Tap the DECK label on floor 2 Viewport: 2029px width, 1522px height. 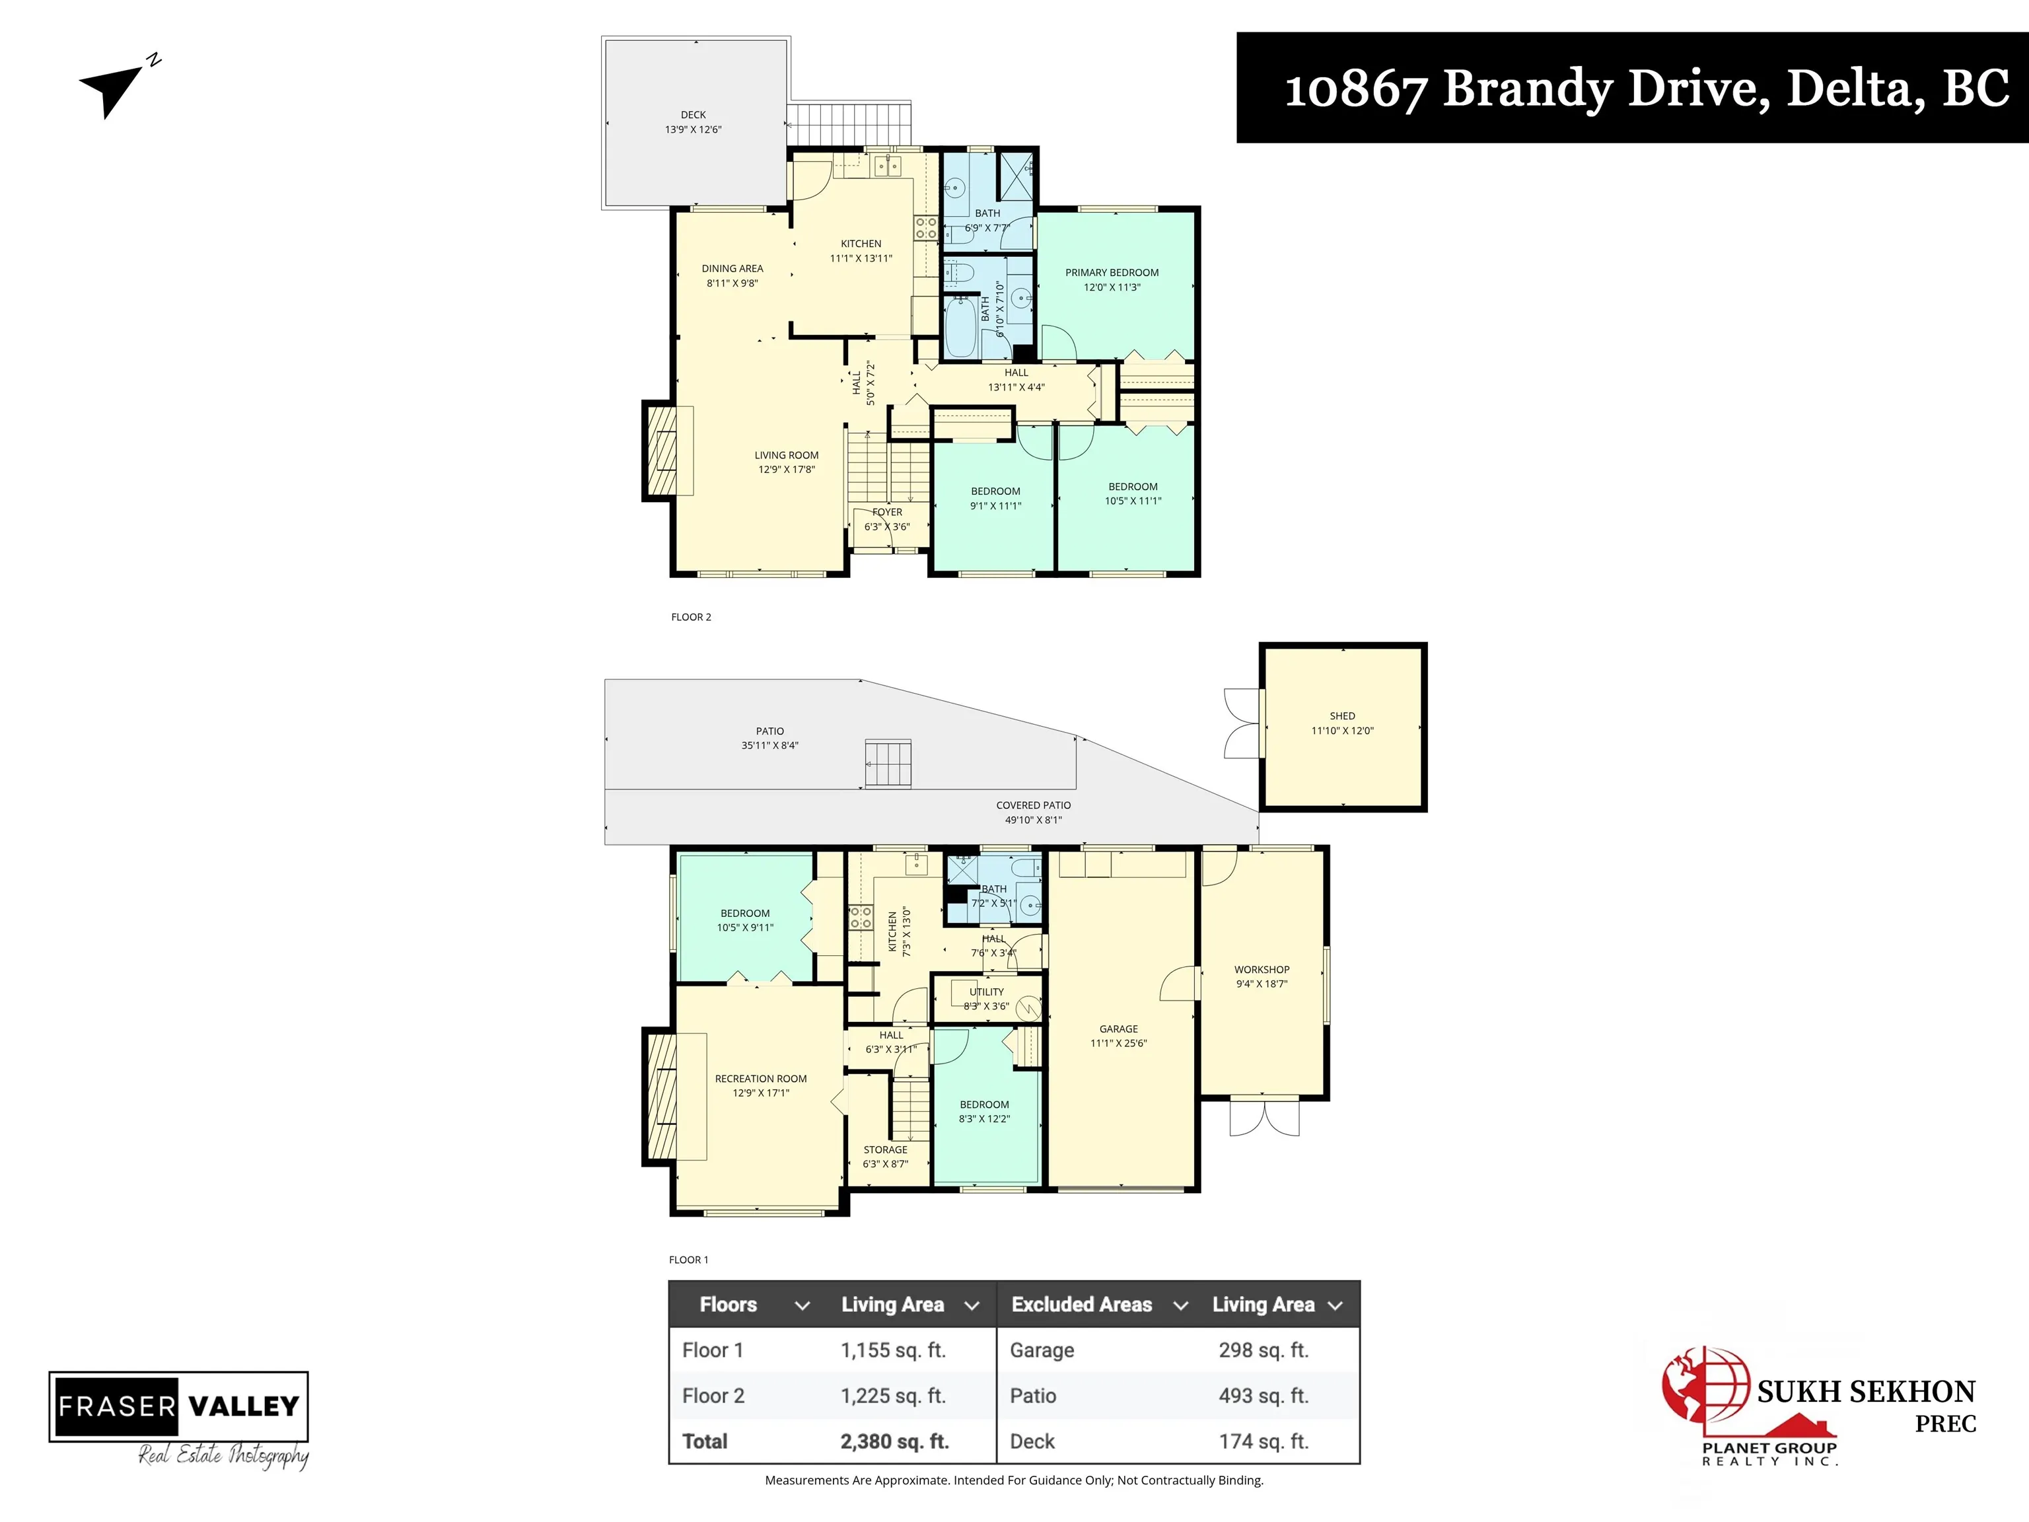[693, 115]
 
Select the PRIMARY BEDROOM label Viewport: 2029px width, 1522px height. [1111, 272]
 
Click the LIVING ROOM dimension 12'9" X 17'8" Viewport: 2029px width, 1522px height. [786, 470]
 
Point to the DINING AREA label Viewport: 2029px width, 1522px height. [732, 269]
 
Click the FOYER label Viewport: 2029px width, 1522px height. [887, 512]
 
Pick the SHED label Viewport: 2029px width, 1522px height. [1342, 715]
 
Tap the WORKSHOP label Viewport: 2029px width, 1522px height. [1262, 969]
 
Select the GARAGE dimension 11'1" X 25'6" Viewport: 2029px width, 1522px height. [1118, 1043]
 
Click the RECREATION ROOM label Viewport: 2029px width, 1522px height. [760, 1079]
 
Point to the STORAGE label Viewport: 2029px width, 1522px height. [885, 1149]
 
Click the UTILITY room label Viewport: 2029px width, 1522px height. [986, 992]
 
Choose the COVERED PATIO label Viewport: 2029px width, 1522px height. [1033, 805]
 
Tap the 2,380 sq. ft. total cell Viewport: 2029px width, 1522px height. [894, 1441]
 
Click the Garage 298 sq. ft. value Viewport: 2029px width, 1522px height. [1263, 1350]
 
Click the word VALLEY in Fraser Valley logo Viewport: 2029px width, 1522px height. [243, 1406]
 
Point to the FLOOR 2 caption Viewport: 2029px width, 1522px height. [691, 618]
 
